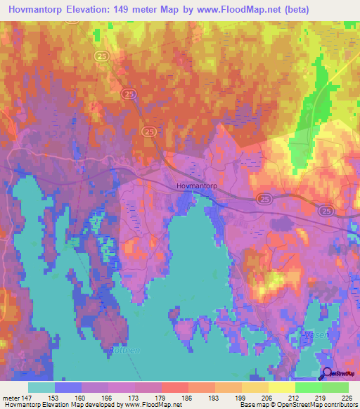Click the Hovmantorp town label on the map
click(194, 186)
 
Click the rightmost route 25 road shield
click(326, 211)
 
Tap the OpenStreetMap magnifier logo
click(326, 374)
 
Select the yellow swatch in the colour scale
click(281, 387)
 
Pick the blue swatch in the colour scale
click(67, 387)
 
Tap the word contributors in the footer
click(340, 405)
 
